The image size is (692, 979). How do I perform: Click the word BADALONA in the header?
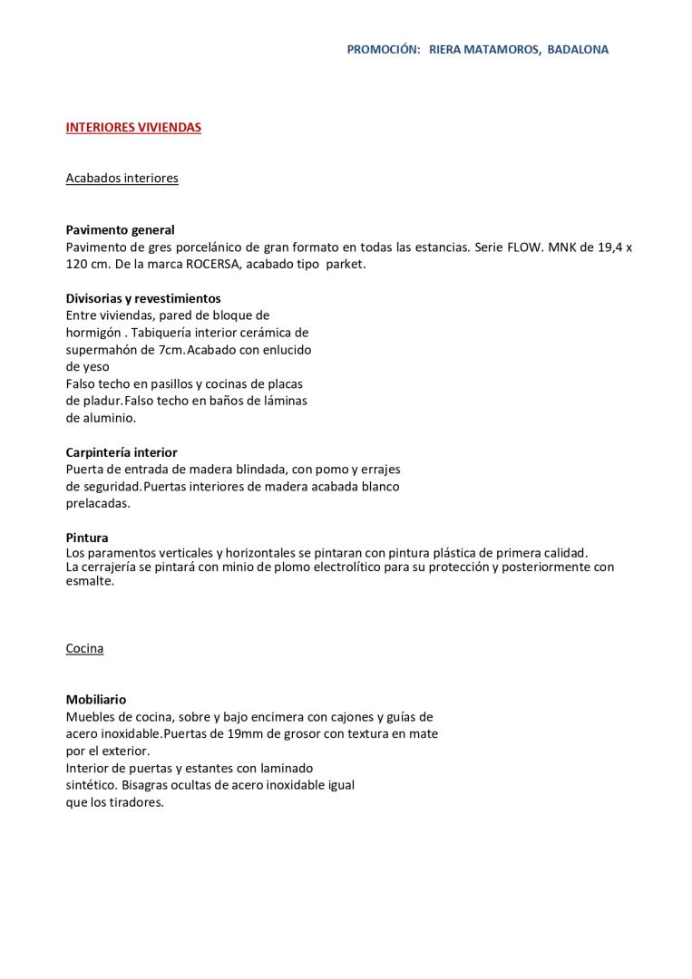578,50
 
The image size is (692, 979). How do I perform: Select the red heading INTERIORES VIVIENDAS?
133,128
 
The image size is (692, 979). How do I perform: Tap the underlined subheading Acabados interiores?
122,179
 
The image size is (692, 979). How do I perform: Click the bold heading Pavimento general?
120,230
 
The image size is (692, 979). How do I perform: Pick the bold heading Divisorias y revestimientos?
143,298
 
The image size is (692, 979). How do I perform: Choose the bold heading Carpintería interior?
122,452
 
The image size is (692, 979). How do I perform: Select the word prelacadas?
98,504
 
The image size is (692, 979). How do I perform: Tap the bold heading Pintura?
87,538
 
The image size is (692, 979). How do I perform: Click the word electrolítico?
322,567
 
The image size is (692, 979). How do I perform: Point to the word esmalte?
89,582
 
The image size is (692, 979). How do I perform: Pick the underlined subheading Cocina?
84,649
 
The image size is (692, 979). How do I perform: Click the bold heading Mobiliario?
96,700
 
